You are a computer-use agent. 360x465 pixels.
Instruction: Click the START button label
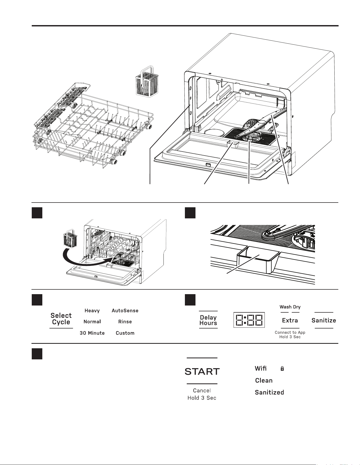(202, 372)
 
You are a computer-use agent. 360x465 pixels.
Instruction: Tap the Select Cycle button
(61, 319)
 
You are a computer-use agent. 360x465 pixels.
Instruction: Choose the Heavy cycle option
(92, 311)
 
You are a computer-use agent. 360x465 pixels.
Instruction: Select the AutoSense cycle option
(125, 311)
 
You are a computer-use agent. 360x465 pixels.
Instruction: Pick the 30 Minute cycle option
(92, 333)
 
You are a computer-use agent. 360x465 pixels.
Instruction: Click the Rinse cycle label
(125, 322)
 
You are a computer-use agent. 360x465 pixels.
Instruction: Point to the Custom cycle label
(125, 333)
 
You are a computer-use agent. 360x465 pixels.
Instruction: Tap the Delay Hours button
(208, 320)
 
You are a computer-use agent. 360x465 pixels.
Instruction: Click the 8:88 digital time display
(249, 320)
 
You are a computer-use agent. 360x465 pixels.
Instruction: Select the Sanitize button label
(324, 320)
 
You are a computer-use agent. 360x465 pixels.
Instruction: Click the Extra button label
(290, 320)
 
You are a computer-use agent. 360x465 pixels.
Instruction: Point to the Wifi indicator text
(261, 368)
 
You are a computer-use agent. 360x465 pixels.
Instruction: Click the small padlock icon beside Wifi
(282, 369)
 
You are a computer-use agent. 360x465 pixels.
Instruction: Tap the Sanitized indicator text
(270, 392)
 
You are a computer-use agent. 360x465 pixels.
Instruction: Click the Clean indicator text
(264, 381)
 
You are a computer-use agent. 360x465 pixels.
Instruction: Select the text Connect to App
(290, 332)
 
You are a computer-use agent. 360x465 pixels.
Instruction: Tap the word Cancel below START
(202, 390)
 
